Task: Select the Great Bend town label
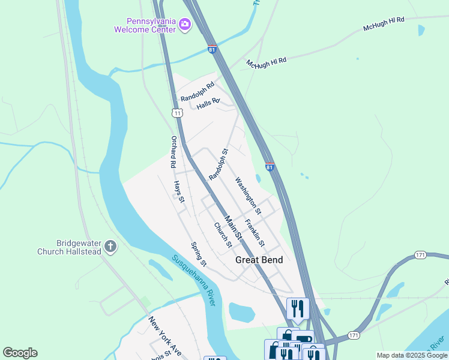point(259,260)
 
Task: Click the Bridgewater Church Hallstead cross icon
point(110,246)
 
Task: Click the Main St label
point(234,229)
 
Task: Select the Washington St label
point(249,196)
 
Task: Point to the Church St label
point(223,235)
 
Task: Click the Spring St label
point(199,254)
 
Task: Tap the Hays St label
point(179,191)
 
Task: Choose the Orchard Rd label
point(172,152)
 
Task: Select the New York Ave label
point(165,335)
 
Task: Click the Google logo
point(20,353)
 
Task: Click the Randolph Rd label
point(197,91)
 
